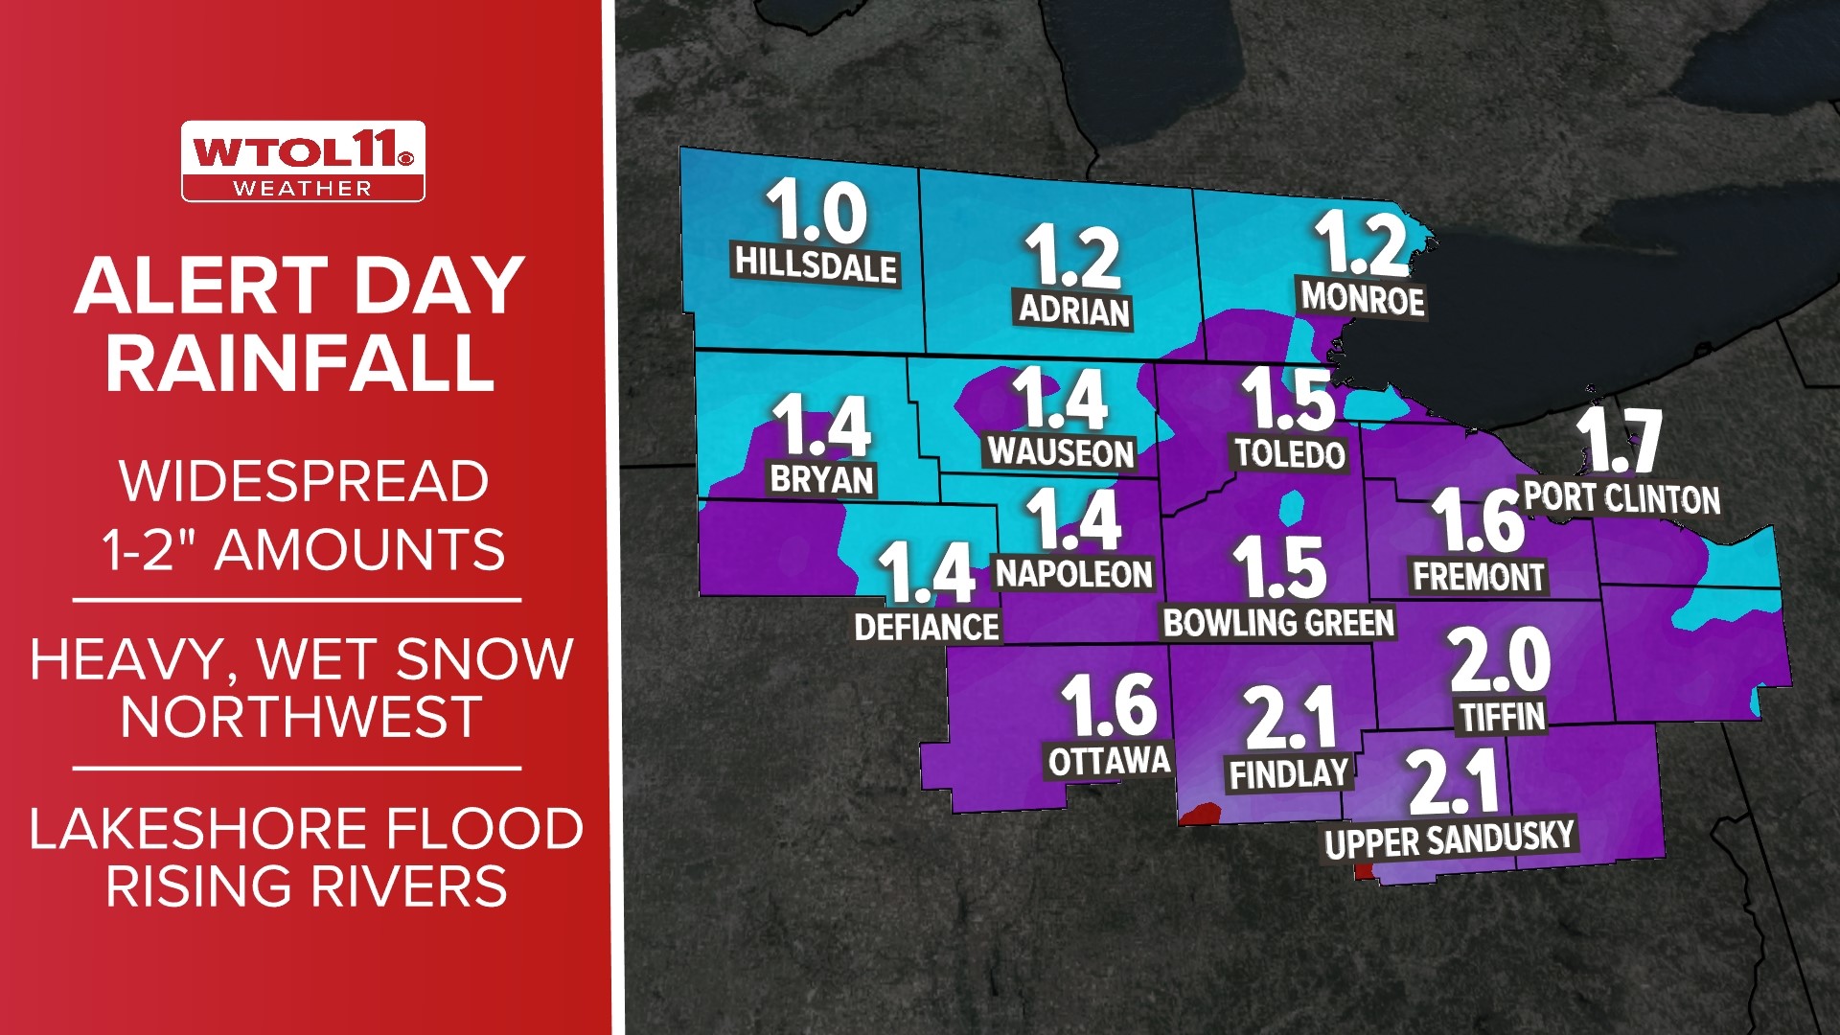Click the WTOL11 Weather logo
coord(303,161)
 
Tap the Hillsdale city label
coord(816,264)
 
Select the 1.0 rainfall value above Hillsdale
coord(816,211)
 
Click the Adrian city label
coord(1073,310)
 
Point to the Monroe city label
coord(1362,299)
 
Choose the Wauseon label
coord(1061,451)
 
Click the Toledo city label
coord(1290,453)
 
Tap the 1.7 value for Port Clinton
coord(1619,440)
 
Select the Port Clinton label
coord(1621,498)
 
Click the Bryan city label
coord(822,478)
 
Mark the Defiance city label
coord(927,627)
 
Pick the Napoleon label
coord(1073,573)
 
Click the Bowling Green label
coord(1278,623)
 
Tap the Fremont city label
coord(1479,576)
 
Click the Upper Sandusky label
coord(1449,839)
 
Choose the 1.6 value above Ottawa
coord(1109,704)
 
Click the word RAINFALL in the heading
coord(300,363)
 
